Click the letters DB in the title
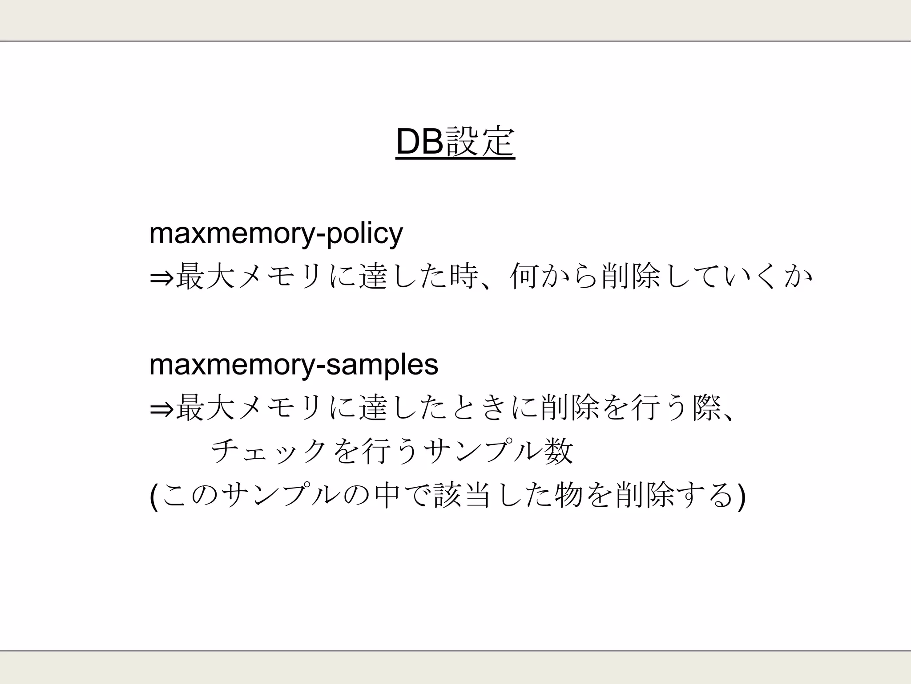(x=420, y=142)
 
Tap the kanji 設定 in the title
(x=480, y=142)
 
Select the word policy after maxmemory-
(x=365, y=234)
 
